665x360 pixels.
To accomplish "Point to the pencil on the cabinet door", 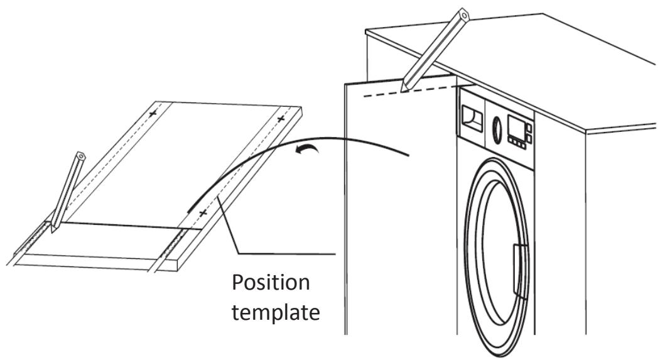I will pos(433,50).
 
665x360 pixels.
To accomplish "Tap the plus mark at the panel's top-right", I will pos(281,118).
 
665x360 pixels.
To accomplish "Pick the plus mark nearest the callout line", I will pos(202,214).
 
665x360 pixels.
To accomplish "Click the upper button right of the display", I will pos(529,128).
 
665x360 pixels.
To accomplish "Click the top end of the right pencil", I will pos(463,12).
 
